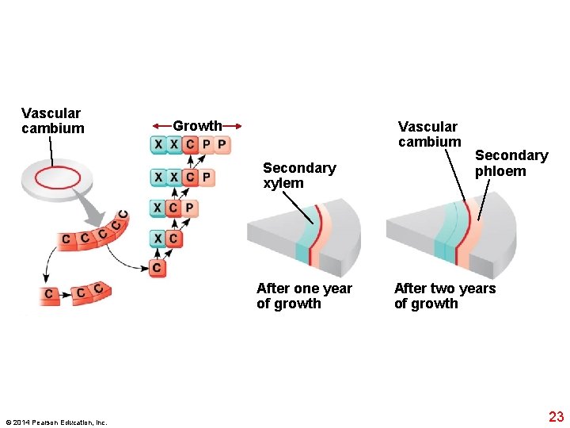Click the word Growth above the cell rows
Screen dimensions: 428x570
(x=197, y=126)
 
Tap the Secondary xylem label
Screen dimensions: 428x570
(x=298, y=175)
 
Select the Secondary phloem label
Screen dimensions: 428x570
(x=511, y=163)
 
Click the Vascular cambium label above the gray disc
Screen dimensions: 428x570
(x=52, y=121)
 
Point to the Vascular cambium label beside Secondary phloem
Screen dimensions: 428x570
(x=429, y=134)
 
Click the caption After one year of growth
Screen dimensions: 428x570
(x=304, y=296)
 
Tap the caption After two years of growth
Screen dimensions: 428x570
(x=444, y=296)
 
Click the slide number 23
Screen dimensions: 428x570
(x=556, y=417)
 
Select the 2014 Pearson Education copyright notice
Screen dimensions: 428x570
(x=55, y=422)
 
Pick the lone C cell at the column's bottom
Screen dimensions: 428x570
(x=158, y=268)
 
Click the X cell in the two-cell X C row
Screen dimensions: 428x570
(x=158, y=239)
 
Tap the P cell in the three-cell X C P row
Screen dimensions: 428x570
(x=190, y=208)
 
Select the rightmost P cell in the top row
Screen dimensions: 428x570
(x=222, y=145)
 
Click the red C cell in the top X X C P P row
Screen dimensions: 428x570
(x=189, y=145)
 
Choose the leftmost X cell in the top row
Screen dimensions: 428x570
(x=158, y=145)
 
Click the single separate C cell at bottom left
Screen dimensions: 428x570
(x=50, y=295)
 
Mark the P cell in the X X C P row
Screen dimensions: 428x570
(x=206, y=177)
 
